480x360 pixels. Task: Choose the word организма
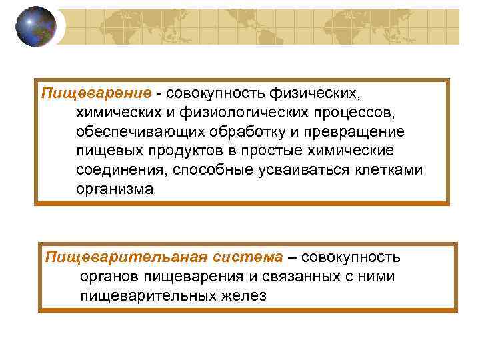114,189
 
